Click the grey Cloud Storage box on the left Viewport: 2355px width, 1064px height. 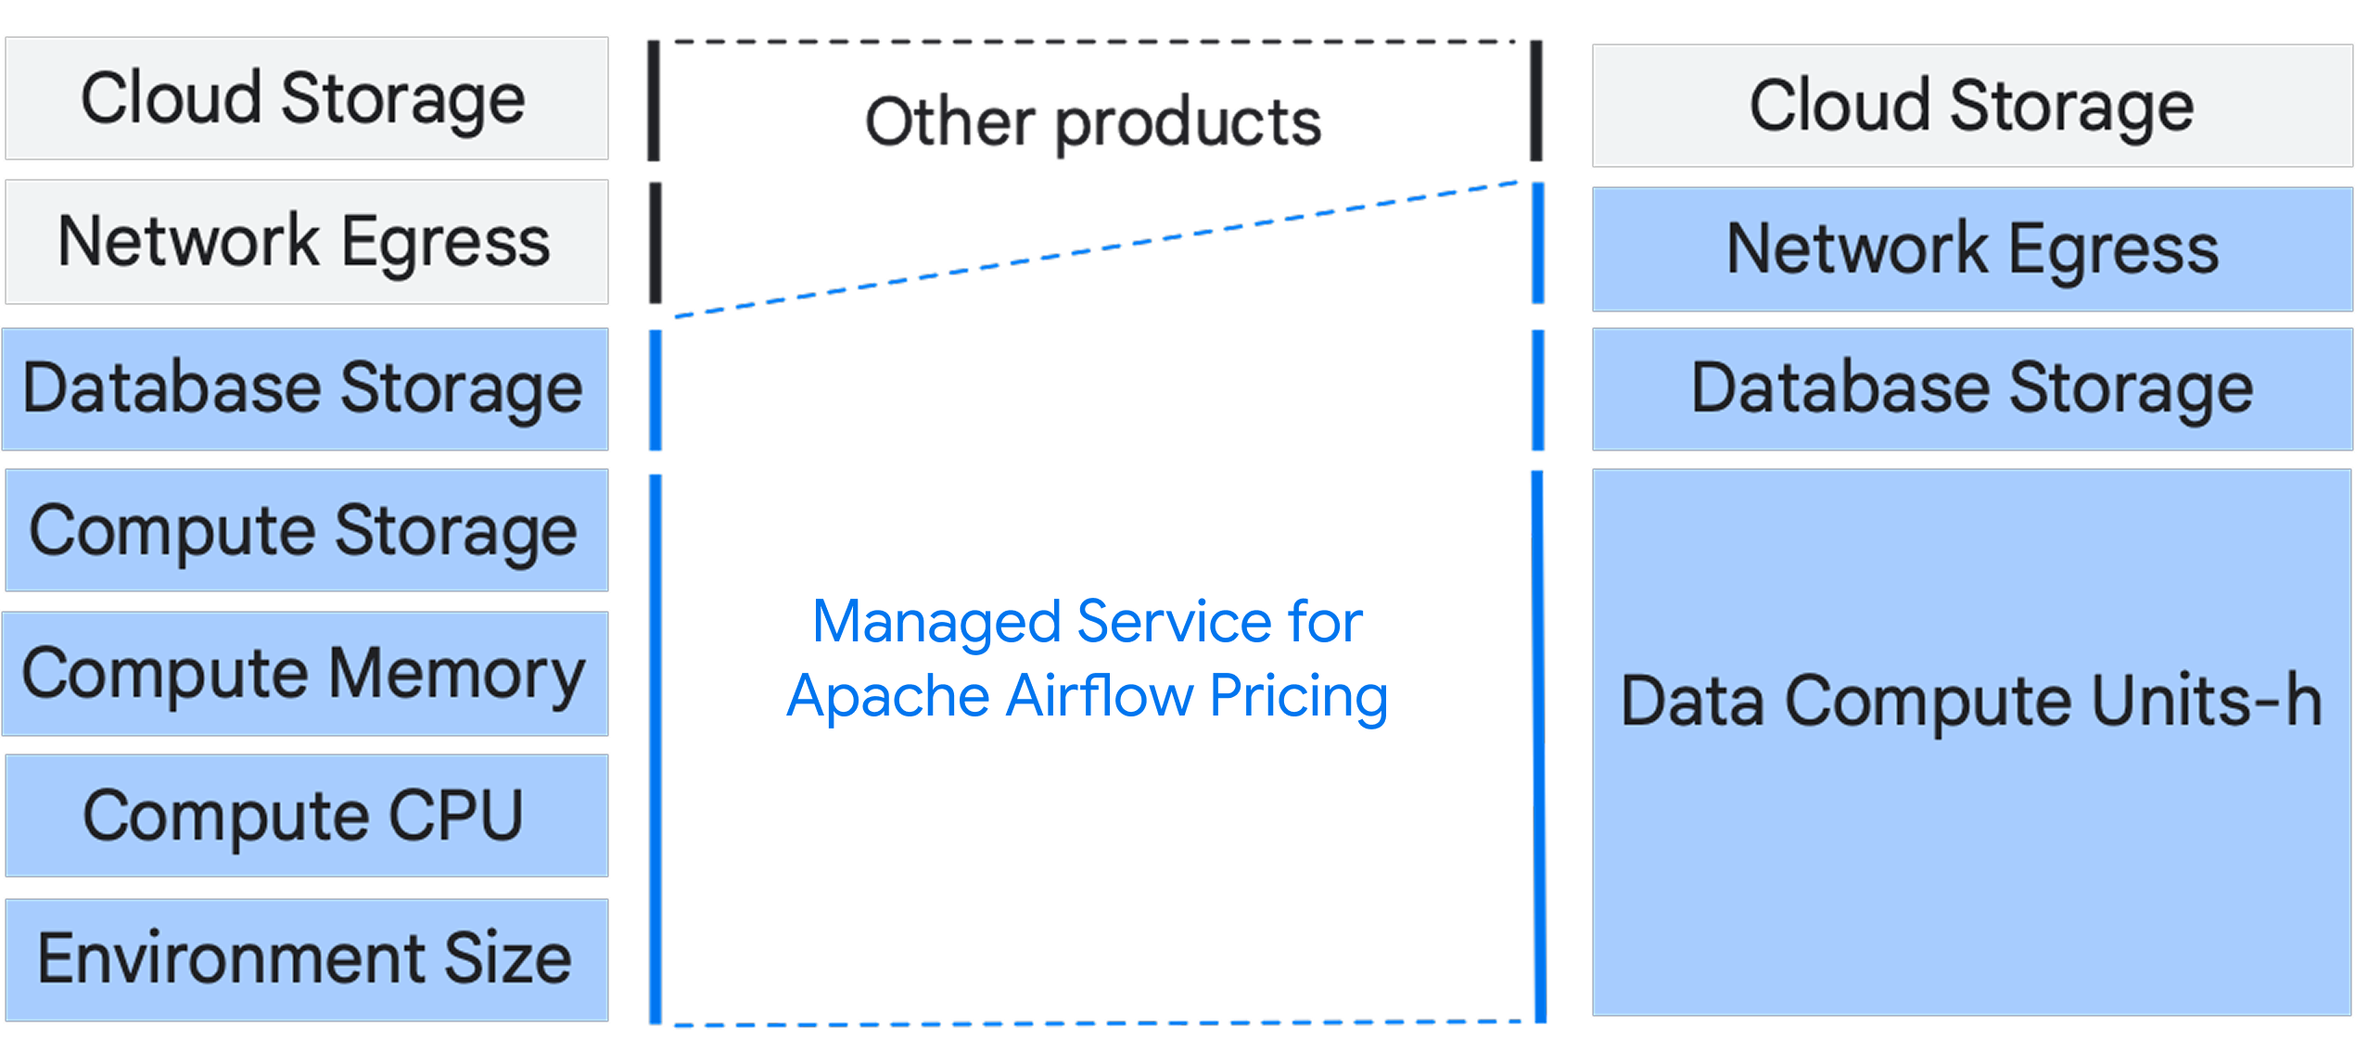click(306, 98)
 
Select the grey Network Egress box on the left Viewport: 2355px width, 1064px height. click(306, 242)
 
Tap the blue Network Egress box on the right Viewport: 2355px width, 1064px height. click(1971, 249)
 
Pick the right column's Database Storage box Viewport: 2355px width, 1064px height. click(1971, 388)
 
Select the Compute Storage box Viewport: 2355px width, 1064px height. click(306, 530)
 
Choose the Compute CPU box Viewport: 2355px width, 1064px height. click(306, 816)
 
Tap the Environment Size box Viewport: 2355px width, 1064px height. click(306, 959)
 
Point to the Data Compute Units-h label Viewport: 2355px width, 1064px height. click(1971, 702)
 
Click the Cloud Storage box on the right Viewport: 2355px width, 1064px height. click(1971, 106)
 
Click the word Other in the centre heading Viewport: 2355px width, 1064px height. click(949, 122)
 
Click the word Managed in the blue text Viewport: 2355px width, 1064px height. click(936, 622)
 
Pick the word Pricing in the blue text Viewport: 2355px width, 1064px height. click(1298, 696)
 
